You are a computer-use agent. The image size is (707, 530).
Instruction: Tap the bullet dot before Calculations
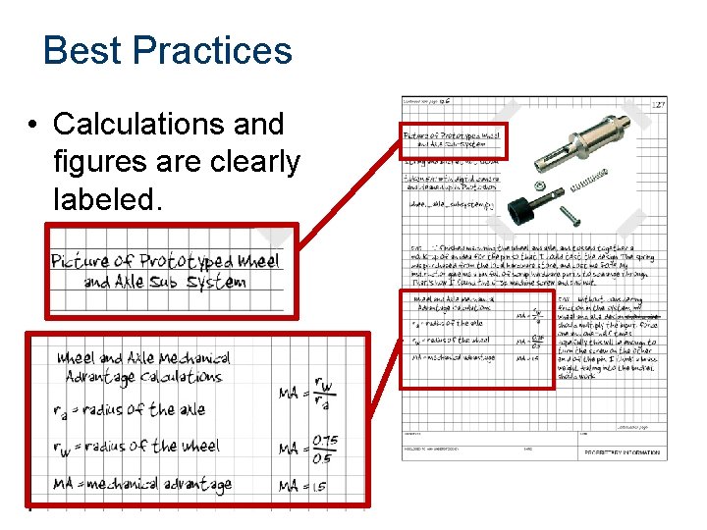tap(33, 126)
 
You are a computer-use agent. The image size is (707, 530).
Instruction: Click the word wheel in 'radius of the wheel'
tap(201, 446)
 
